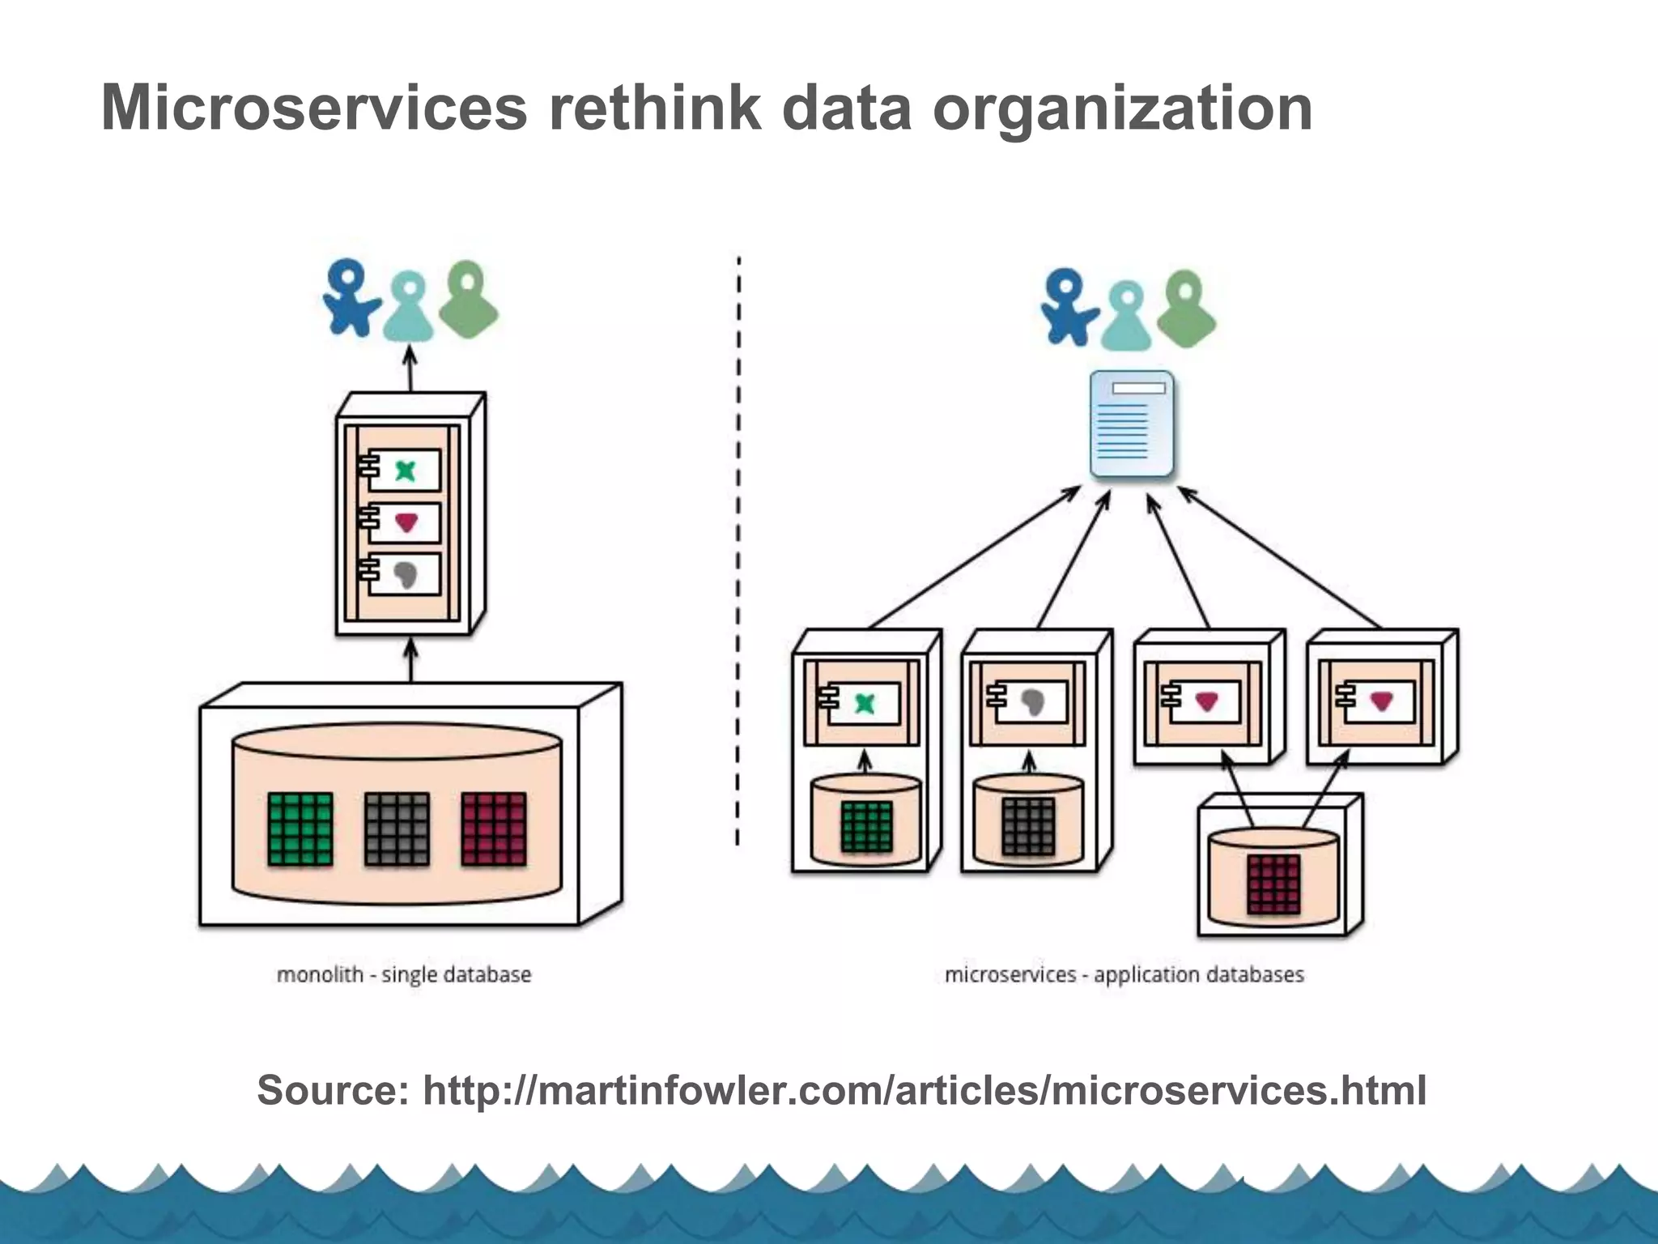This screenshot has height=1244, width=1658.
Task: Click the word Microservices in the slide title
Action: [x=314, y=108]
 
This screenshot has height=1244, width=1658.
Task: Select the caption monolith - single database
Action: [x=404, y=974]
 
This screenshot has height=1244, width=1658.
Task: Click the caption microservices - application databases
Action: [x=1124, y=974]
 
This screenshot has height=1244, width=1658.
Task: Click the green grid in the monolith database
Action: [x=300, y=829]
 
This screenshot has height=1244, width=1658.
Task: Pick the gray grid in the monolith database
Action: [x=397, y=829]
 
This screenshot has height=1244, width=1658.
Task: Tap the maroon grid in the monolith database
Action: [x=494, y=829]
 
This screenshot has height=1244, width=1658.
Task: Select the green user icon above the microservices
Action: [x=1186, y=309]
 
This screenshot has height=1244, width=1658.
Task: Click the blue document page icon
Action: [x=1131, y=424]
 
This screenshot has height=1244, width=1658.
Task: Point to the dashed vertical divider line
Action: [x=738, y=551]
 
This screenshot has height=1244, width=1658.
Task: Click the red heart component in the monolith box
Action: [x=406, y=522]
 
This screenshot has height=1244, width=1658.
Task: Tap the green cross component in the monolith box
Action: [x=405, y=470]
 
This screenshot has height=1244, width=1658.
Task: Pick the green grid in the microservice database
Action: [x=867, y=826]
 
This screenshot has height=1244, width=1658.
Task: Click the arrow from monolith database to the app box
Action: [x=410, y=660]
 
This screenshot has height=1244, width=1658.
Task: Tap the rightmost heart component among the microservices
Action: [x=1381, y=701]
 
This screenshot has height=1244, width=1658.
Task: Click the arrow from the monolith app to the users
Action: [x=410, y=369]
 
